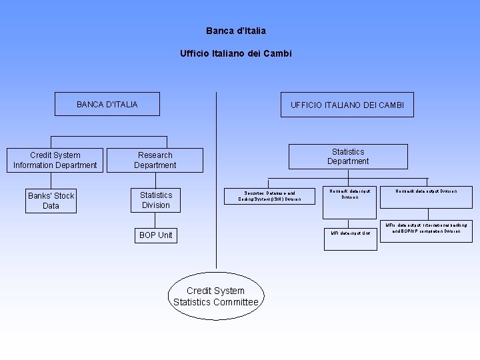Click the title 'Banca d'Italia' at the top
click(236, 31)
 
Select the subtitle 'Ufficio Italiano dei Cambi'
click(236, 53)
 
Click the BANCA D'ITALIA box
click(107, 104)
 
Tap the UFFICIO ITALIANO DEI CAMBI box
click(347, 105)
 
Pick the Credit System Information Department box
click(55, 160)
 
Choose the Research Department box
click(155, 160)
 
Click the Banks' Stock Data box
click(51, 201)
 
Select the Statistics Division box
click(156, 200)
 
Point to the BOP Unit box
click(156, 235)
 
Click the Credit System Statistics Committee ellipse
click(215, 297)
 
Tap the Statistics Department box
click(348, 157)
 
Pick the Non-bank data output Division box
click(427, 191)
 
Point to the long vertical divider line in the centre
click(216, 180)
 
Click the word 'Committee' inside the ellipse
click(231, 302)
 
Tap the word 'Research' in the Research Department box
click(155, 155)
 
